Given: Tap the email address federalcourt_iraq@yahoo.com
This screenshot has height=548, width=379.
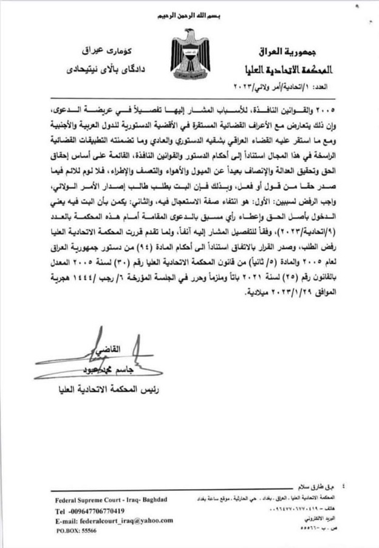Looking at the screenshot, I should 112,520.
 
